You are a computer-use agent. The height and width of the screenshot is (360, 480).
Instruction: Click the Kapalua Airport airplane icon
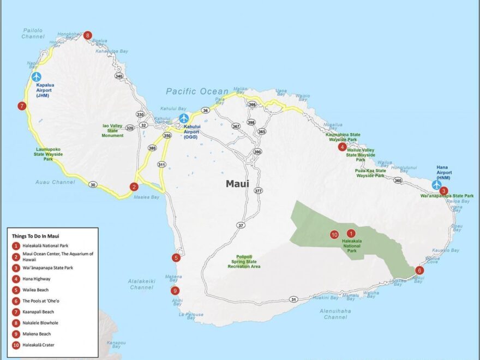pyautogui.click(x=36, y=77)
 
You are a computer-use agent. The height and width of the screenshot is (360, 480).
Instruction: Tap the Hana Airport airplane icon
pyautogui.click(x=436, y=184)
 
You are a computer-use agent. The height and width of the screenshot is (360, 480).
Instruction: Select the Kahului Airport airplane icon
pyautogui.click(x=184, y=118)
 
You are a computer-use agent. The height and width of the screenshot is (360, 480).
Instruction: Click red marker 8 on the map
pyautogui.click(x=88, y=35)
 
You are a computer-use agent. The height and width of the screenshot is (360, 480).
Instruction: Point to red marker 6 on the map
pyautogui.click(x=419, y=270)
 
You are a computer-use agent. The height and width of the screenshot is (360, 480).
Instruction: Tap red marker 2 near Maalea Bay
pyautogui.click(x=134, y=187)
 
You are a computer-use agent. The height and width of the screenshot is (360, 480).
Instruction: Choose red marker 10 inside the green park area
pyautogui.click(x=334, y=235)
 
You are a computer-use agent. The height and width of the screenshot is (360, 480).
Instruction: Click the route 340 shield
pyautogui.click(x=119, y=76)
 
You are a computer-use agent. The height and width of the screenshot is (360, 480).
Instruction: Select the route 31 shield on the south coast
pyautogui.click(x=293, y=299)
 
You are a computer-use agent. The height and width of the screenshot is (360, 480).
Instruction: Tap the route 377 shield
pyautogui.click(x=258, y=191)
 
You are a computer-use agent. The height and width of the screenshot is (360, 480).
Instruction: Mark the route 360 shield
pyautogui.click(x=398, y=181)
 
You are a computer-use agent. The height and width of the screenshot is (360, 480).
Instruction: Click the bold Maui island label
pyautogui.click(x=237, y=184)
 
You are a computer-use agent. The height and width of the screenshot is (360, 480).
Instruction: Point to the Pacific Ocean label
pyautogui.click(x=197, y=92)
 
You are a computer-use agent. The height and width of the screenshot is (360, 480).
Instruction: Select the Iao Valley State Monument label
pyautogui.click(x=113, y=130)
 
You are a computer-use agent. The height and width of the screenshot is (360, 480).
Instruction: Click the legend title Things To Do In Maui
pyautogui.click(x=35, y=236)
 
